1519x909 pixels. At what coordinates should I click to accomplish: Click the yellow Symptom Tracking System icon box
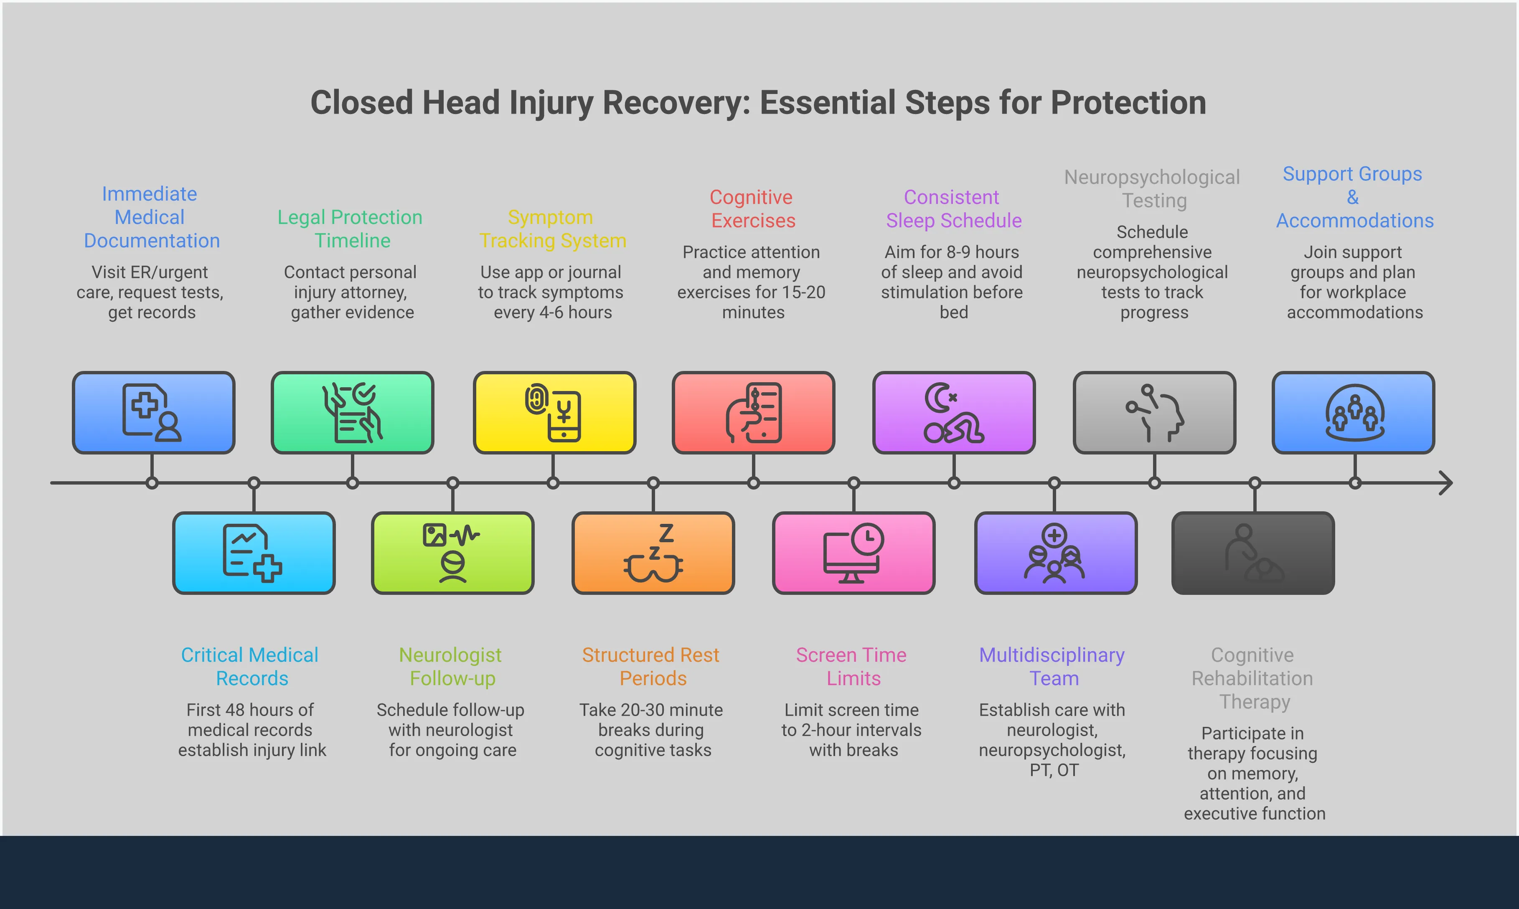point(554,412)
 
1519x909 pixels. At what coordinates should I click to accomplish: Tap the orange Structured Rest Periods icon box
point(653,553)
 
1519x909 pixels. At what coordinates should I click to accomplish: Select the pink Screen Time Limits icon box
point(853,553)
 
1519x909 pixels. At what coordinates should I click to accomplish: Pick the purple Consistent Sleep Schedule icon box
point(954,412)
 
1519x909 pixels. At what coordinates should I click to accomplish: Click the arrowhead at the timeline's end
point(1445,482)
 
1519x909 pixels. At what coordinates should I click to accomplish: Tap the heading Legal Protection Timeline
point(351,229)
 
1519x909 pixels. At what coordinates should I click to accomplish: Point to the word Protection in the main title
point(1128,102)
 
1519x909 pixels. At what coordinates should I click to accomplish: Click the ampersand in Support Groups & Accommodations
point(1353,197)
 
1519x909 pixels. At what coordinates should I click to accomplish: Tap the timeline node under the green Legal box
point(352,482)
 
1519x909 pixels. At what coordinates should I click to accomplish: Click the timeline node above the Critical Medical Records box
point(254,482)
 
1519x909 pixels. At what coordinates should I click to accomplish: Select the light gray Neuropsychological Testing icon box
point(1154,412)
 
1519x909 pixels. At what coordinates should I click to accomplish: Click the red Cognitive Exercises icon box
point(753,412)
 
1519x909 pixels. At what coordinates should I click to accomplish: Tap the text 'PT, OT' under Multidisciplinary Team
point(1054,770)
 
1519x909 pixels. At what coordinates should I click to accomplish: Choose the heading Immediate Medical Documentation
point(151,217)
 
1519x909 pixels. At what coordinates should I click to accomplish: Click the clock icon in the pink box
point(867,539)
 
